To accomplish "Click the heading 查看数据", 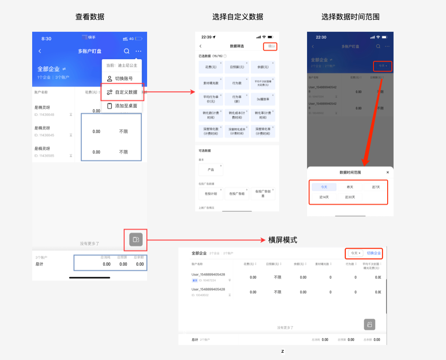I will [90, 17].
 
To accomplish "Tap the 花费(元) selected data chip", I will [211, 67].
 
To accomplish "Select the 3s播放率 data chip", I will [263, 99].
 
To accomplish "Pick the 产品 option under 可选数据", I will [211, 170].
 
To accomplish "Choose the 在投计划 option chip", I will [211, 194].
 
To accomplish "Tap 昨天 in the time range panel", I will [350, 187].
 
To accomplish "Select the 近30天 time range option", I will [350, 197].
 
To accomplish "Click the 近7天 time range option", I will [376, 187].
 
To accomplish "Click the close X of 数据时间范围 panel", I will [388, 172].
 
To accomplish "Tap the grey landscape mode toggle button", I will [136, 240].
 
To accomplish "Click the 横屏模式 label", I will [283, 240].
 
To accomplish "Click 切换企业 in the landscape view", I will [374, 253].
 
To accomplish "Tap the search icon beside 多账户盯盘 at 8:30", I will [127, 51].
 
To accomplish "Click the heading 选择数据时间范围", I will [350, 17].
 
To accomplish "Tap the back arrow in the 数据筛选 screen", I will [200, 46].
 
